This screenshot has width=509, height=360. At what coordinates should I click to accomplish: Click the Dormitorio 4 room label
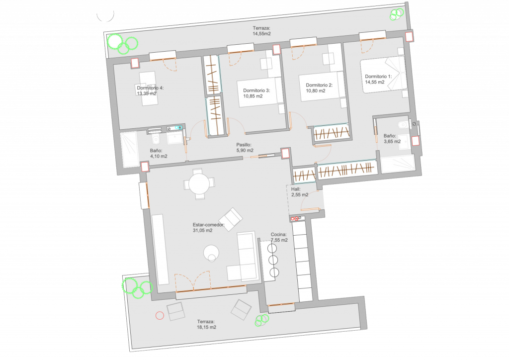150,88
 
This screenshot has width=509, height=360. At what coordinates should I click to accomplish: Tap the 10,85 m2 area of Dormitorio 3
253,96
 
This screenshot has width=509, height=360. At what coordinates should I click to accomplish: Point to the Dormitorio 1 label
378,77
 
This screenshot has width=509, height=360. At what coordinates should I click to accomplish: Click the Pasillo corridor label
244,145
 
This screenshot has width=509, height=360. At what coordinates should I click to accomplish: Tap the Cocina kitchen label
279,234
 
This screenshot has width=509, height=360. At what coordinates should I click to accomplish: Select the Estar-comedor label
208,225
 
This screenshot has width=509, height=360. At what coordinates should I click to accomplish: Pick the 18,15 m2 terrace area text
206,328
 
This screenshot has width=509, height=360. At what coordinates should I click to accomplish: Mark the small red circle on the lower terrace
160,315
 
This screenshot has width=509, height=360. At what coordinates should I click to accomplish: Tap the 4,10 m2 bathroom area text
159,156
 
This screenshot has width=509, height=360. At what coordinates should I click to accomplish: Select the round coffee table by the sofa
212,254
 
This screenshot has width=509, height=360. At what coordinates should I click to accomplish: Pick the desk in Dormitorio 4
149,88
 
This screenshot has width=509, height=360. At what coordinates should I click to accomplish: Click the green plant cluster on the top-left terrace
121,44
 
